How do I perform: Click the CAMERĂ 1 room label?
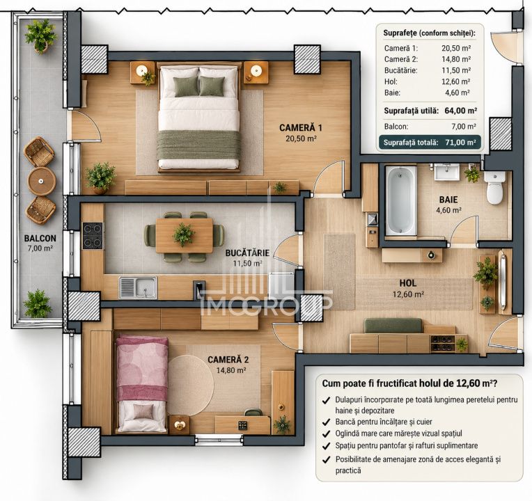[x=301, y=128]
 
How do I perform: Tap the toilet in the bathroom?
[x=494, y=187]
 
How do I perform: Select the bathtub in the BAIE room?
[x=400, y=200]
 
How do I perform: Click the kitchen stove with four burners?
[x=93, y=236]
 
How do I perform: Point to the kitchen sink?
[x=138, y=288]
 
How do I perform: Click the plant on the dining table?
[x=183, y=234]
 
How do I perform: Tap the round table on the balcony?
[x=41, y=181]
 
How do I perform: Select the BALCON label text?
[x=40, y=238]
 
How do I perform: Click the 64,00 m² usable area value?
[x=461, y=111]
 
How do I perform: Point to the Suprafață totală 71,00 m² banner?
[x=430, y=143]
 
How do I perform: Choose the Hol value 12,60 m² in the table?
[x=455, y=81]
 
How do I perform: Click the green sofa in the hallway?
[x=393, y=326]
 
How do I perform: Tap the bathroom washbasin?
[x=447, y=172]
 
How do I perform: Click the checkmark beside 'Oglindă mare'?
[x=326, y=434]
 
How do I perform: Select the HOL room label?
[x=408, y=283]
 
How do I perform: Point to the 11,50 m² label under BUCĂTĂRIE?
[x=247, y=264]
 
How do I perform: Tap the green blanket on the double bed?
[x=199, y=145]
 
